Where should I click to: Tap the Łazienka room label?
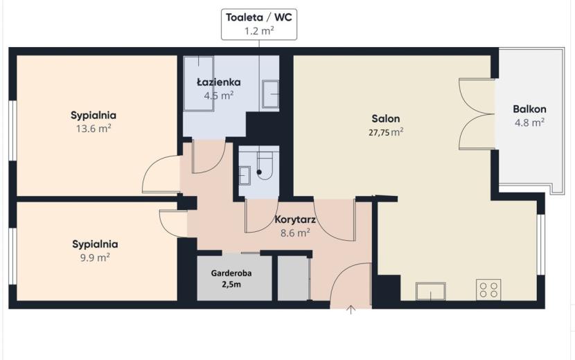(x=219, y=82)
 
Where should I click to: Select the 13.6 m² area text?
(x=94, y=129)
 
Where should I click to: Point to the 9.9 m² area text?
(x=95, y=258)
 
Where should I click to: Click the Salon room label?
(x=386, y=118)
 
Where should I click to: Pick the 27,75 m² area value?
(x=386, y=132)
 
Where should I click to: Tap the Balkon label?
(x=529, y=109)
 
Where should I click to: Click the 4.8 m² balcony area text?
(x=529, y=123)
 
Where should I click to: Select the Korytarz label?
(x=295, y=219)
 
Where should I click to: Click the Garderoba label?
(x=231, y=273)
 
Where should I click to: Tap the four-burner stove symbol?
(x=488, y=289)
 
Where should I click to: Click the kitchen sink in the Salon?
(x=431, y=291)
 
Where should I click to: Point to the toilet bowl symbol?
(x=265, y=165)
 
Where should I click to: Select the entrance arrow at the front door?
(x=351, y=309)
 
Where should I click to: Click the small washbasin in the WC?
(x=245, y=176)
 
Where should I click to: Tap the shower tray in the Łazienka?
(x=198, y=84)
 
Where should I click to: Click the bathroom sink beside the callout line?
(x=270, y=94)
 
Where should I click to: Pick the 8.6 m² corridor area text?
(x=295, y=233)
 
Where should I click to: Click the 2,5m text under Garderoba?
(x=231, y=285)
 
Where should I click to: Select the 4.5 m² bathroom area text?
(x=219, y=96)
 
